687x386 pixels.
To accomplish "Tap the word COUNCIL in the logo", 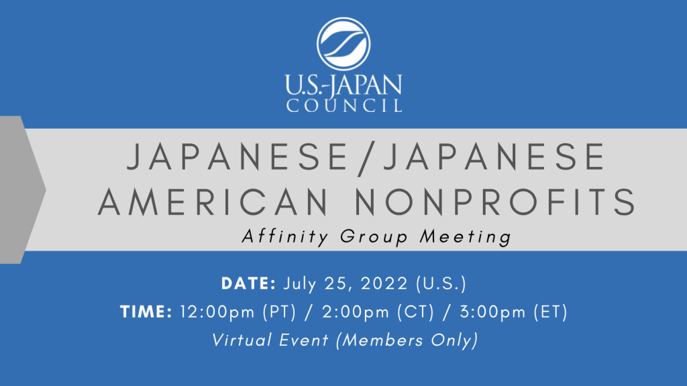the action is (x=344, y=105).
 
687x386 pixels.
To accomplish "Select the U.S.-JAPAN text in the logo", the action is (x=343, y=85).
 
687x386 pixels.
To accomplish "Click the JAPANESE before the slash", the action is (x=237, y=157).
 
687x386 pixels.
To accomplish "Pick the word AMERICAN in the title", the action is (x=213, y=202).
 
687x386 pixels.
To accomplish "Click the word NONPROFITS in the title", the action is (x=495, y=202).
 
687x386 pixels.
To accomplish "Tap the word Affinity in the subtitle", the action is (x=285, y=237).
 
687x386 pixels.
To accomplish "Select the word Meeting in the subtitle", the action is (x=466, y=237).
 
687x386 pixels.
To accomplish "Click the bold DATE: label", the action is (x=248, y=283).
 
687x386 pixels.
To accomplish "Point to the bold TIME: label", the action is (x=146, y=312).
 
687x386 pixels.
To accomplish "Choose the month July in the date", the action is (x=299, y=284).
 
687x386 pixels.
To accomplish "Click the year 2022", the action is (x=384, y=283).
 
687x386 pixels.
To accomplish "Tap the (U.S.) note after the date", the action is (x=441, y=283).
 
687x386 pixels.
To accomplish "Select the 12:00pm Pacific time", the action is (x=217, y=312).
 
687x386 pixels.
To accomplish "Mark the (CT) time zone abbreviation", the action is (x=415, y=312).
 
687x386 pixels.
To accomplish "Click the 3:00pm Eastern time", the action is (x=492, y=312).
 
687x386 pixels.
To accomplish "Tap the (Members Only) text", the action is (x=407, y=340).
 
